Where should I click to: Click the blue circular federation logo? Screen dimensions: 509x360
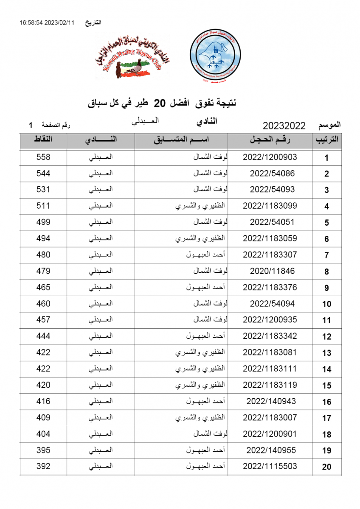coord(215,56)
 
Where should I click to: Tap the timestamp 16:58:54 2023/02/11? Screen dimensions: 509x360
coord(47,22)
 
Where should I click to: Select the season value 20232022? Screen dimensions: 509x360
coord(284,126)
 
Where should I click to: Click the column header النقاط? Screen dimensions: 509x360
coord(43,140)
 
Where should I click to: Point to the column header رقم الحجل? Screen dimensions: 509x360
coord(270,140)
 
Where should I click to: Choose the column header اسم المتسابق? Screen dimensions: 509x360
coord(181,140)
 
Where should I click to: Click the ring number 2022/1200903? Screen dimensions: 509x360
coord(270,157)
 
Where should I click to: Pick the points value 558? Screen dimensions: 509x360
coord(43,157)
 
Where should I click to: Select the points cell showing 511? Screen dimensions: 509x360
coord(43,206)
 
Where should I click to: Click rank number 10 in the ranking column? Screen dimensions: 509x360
coord(326,304)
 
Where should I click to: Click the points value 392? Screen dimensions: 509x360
coord(43,466)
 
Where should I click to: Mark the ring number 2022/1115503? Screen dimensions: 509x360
coord(270,466)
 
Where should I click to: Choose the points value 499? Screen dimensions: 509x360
coord(43,222)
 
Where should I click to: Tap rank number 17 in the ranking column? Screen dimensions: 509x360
coord(326,418)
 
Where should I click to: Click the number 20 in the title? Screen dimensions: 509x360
coord(159,103)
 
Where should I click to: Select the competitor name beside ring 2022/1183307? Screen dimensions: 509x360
coord(206,255)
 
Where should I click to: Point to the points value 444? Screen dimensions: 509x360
coord(43,336)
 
